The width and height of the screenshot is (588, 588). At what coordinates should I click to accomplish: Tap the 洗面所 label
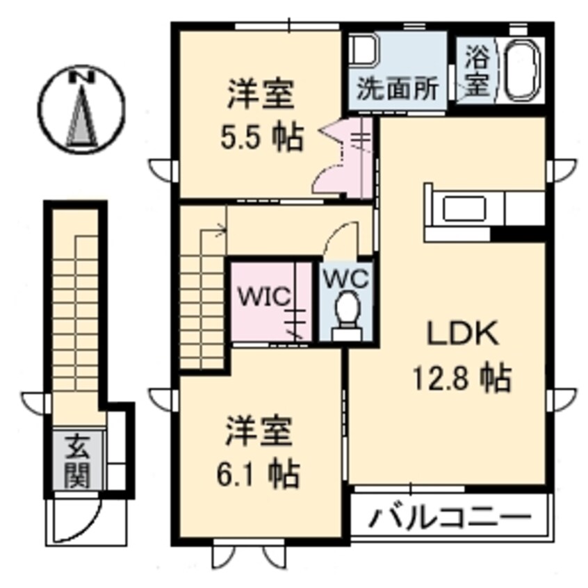397,90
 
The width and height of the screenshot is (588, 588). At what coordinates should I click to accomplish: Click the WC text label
345,279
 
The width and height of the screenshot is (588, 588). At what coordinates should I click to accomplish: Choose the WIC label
263,297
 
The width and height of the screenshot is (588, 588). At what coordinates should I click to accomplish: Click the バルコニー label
450,518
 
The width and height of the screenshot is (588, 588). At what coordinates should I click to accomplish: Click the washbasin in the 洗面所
364,51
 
